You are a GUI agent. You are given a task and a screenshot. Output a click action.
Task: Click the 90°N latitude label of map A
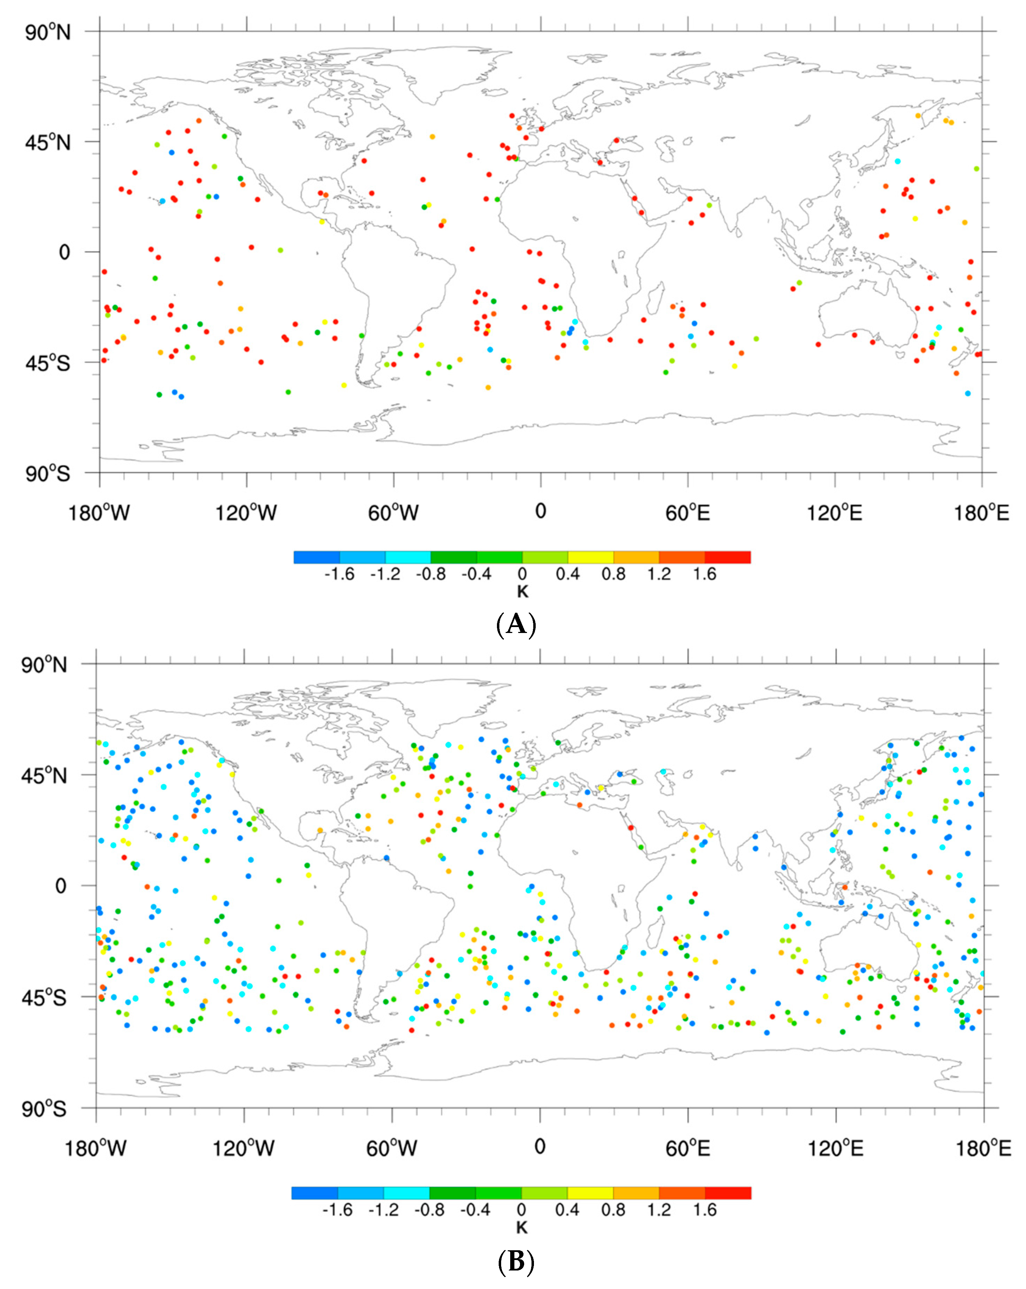tap(48, 32)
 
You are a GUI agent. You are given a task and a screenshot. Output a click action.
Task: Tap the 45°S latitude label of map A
tap(48, 363)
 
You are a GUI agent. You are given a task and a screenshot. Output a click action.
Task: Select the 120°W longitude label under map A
tap(246, 513)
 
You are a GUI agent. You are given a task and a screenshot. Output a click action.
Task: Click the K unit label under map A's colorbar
tap(522, 592)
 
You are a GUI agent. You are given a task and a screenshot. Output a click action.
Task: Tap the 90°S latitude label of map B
tap(44, 1109)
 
